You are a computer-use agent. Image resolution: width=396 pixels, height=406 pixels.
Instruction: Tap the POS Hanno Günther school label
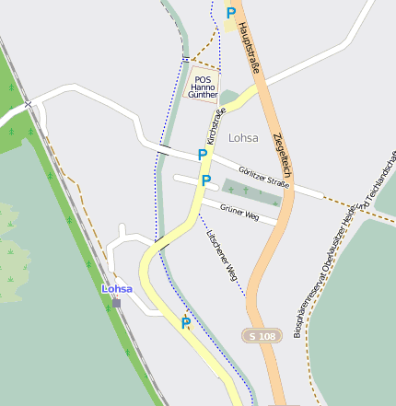click(204, 87)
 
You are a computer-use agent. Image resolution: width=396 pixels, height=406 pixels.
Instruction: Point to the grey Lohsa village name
click(243, 138)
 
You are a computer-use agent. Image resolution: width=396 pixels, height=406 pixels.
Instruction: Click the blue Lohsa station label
click(117, 288)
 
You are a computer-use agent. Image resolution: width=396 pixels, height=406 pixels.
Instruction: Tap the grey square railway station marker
click(116, 302)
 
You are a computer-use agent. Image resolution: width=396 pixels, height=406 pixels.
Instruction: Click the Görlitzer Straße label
click(263, 178)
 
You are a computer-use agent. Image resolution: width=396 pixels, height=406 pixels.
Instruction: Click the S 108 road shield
click(261, 336)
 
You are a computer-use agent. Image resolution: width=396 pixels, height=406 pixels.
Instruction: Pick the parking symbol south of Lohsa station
click(185, 322)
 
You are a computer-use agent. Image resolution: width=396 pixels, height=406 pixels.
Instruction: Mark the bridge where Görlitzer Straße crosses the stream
click(164, 147)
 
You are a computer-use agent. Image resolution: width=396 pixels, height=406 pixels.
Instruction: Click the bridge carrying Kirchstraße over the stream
click(161, 243)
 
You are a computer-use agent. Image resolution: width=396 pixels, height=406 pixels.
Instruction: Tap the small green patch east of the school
click(228, 97)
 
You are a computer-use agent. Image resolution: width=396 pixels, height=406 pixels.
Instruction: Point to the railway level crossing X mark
click(29, 104)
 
